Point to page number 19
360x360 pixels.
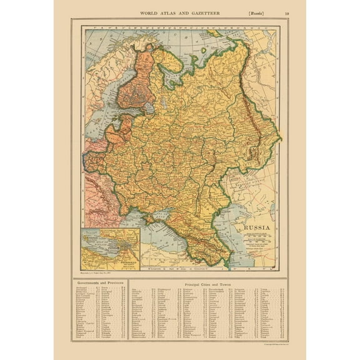[x=286, y=12]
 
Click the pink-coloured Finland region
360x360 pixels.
[x=134, y=84]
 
